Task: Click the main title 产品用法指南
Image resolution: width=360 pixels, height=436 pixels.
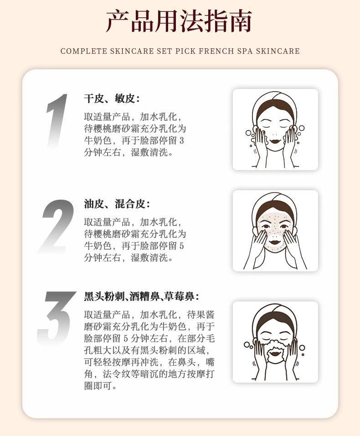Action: click(179, 21)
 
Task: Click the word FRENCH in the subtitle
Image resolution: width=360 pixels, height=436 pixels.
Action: click(216, 51)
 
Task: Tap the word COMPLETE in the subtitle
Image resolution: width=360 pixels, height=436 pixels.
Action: click(83, 51)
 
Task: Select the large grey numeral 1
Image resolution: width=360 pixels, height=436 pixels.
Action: click(57, 120)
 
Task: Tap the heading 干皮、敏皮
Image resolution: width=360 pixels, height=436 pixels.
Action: click(112, 98)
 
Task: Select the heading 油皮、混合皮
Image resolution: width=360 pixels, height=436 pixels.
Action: click(117, 204)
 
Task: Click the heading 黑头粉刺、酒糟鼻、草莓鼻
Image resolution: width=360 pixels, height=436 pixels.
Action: click(141, 296)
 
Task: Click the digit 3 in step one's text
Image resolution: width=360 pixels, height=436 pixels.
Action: click(181, 140)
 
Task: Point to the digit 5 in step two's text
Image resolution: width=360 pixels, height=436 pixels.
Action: click(181, 246)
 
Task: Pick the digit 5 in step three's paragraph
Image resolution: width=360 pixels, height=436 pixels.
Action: click(126, 338)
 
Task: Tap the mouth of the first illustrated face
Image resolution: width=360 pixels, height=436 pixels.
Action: click(275, 140)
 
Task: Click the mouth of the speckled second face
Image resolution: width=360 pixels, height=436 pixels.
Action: click(275, 242)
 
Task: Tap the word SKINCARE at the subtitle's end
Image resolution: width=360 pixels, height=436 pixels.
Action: click(278, 51)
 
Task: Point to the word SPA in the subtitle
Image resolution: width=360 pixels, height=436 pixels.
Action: click(245, 51)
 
